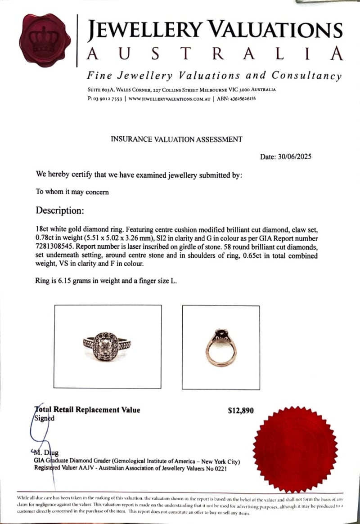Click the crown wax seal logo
[x=45, y=40]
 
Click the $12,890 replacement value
[x=241, y=410]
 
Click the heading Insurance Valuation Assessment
[x=176, y=139]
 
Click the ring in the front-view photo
[x=108, y=346]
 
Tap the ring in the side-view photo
[x=221, y=346]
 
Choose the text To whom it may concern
[x=72, y=192]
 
